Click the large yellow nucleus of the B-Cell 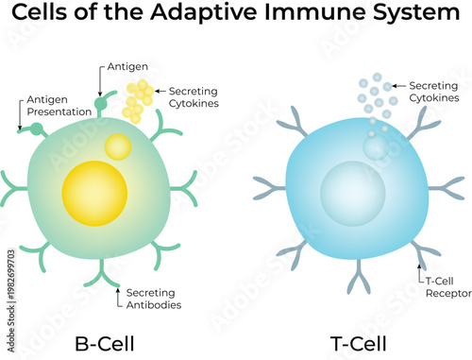pyautogui.click(x=94, y=194)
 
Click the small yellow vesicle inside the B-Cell pyautogui.click(x=119, y=146)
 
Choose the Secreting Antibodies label pyautogui.click(x=154, y=298)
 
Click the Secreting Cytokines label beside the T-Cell pyautogui.click(x=434, y=91)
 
